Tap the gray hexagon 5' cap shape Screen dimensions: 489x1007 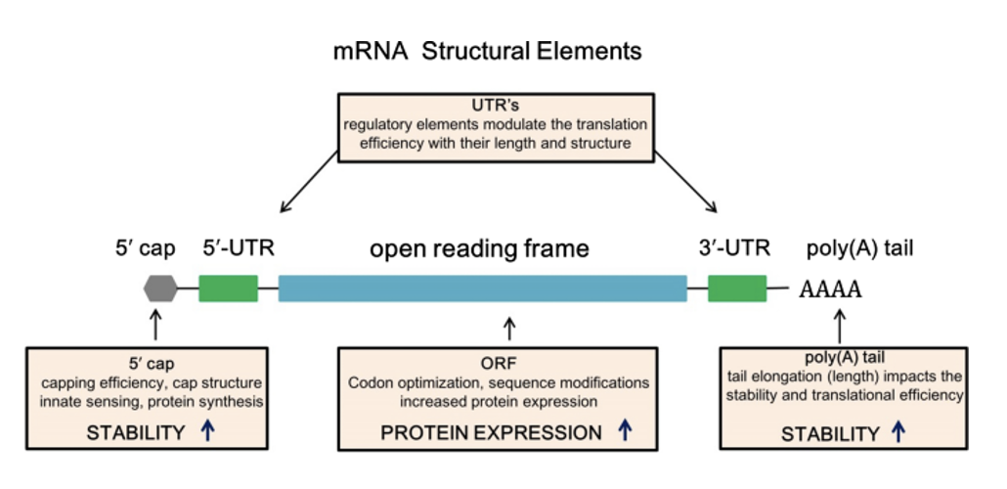(159, 288)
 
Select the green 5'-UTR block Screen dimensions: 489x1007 (228, 288)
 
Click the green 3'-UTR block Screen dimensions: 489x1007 (736, 288)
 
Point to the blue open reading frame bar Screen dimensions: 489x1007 (482, 288)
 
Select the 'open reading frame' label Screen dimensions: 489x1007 (479, 249)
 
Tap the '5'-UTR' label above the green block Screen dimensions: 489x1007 (238, 248)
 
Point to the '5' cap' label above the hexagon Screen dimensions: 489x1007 (144, 248)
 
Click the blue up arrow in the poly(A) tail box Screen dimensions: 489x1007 (899, 431)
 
